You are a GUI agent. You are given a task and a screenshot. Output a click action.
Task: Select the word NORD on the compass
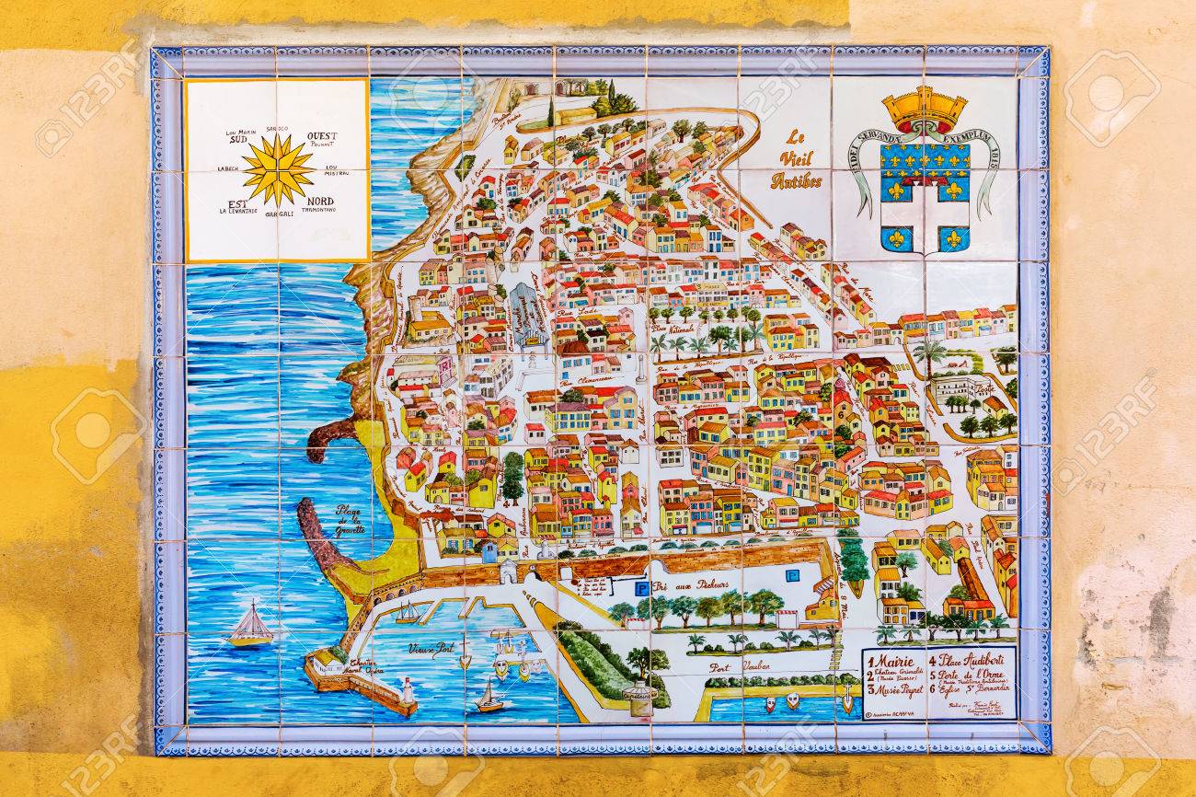(x=320, y=201)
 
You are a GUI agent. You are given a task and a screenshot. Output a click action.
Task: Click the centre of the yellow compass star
(x=277, y=170)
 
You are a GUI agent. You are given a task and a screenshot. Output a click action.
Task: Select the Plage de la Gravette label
(x=351, y=521)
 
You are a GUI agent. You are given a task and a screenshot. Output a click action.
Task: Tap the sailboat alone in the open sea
(x=249, y=626)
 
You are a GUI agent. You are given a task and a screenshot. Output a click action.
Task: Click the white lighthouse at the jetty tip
(x=406, y=690)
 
